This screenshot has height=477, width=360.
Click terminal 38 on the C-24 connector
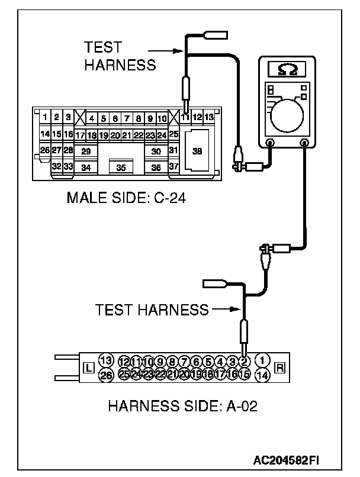tap(198, 151)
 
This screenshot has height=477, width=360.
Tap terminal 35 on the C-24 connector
tap(121, 167)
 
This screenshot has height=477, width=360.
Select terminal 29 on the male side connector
tap(86, 152)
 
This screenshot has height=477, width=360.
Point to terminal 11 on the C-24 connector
tap(185, 117)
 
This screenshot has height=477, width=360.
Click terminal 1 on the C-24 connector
tap(45, 117)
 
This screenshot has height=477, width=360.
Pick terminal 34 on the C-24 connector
tap(86, 167)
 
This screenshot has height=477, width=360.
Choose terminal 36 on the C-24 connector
tap(156, 167)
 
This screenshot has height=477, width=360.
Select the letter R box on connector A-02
tap(280, 368)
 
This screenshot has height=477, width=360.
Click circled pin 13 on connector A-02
tap(105, 360)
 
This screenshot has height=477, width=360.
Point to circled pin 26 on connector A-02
tap(105, 375)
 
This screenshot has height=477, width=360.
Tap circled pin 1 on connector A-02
tap(264, 360)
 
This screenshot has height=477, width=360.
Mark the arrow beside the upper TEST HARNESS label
tap(172, 51)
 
